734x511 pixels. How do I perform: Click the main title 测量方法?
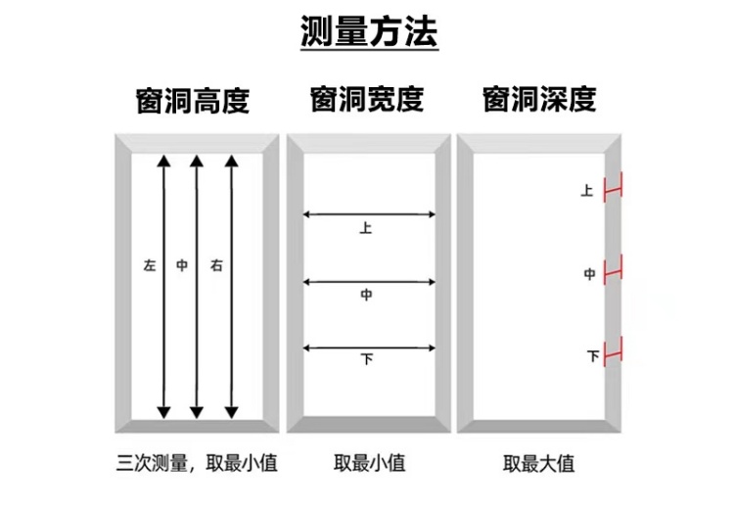click(x=369, y=31)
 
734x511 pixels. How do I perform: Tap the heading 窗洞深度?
click(x=539, y=100)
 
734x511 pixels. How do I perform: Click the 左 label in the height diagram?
click(x=149, y=265)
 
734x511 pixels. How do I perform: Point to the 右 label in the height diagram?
click(x=214, y=265)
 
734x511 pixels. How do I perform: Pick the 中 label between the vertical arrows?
click(x=181, y=265)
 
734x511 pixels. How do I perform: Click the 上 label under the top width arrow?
click(x=366, y=229)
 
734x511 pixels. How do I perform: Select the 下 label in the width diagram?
click(x=367, y=360)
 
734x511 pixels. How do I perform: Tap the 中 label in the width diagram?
click(x=366, y=296)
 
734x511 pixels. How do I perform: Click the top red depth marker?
click(x=614, y=189)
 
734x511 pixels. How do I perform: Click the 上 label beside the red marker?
click(x=586, y=192)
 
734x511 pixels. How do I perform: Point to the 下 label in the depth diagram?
click(x=592, y=356)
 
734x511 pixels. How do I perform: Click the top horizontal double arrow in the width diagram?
click(x=369, y=213)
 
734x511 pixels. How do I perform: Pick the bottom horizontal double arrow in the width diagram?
click(x=369, y=347)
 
